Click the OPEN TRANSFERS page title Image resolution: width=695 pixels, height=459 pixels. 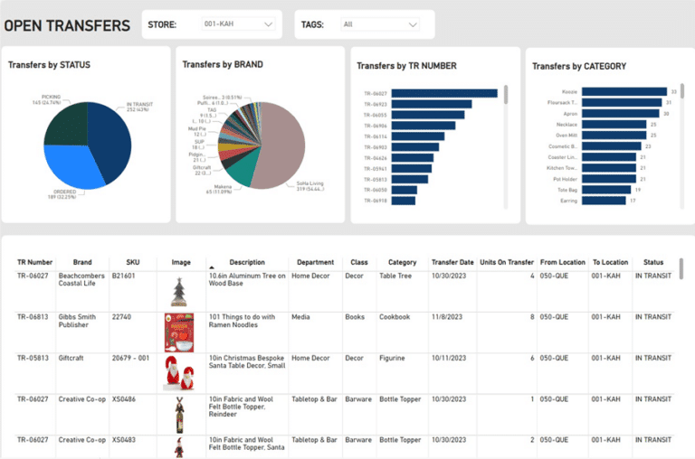(67, 24)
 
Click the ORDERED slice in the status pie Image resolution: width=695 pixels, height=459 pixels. (72, 163)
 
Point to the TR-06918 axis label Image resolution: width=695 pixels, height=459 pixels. (376, 201)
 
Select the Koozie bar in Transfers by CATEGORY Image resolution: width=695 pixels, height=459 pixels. (624, 91)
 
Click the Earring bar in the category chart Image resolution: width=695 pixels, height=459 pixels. (603, 201)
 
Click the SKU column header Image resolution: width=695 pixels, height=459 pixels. (132, 262)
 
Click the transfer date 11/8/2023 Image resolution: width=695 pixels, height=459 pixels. (452, 317)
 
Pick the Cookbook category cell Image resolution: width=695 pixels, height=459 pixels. (395, 317)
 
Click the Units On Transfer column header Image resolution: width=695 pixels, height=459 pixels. (506, 262)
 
